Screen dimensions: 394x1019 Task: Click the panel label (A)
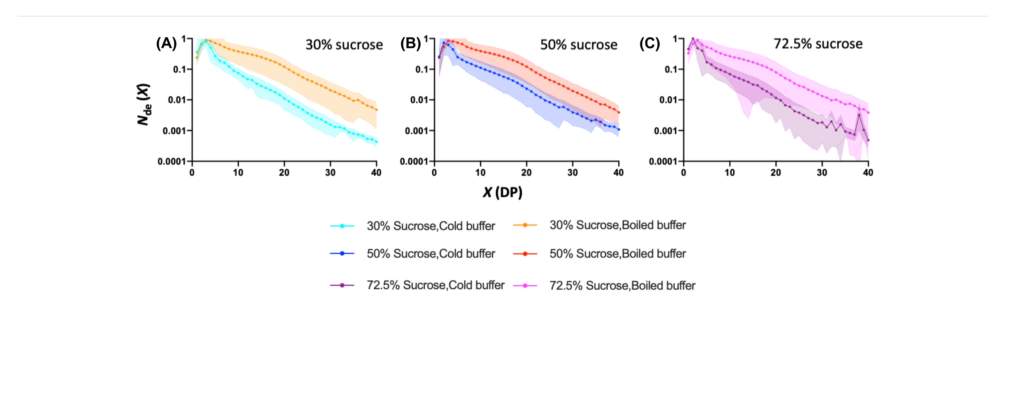(166, 44)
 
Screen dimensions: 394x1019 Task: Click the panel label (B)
(410, 44)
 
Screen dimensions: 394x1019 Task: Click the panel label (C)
(650, 44)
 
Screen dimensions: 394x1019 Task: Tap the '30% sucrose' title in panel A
(344, 45)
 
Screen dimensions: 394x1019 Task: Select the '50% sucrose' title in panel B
(579, 45)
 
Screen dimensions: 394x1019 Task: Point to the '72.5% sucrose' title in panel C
(818, 44)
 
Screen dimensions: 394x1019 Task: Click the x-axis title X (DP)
(502, 192)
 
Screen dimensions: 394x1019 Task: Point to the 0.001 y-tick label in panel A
(174, 131)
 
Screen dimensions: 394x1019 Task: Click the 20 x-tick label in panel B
(526, 173)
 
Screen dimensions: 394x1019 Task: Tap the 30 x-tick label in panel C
(822, 173)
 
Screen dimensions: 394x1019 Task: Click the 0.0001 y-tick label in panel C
(663, 162)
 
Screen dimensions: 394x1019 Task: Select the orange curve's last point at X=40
(376, 110)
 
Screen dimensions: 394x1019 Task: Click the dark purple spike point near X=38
(859, 115)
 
